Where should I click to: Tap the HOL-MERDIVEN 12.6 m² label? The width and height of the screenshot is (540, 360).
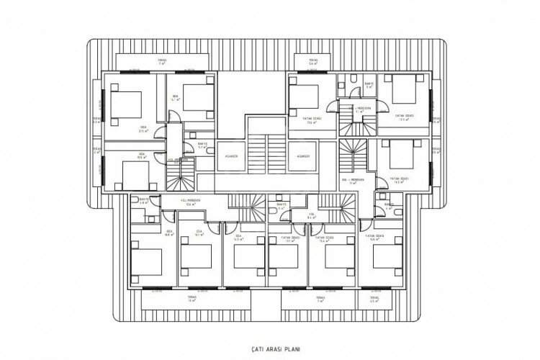coord(191,202)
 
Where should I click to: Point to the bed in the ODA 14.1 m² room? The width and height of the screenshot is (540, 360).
coord(197,97)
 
